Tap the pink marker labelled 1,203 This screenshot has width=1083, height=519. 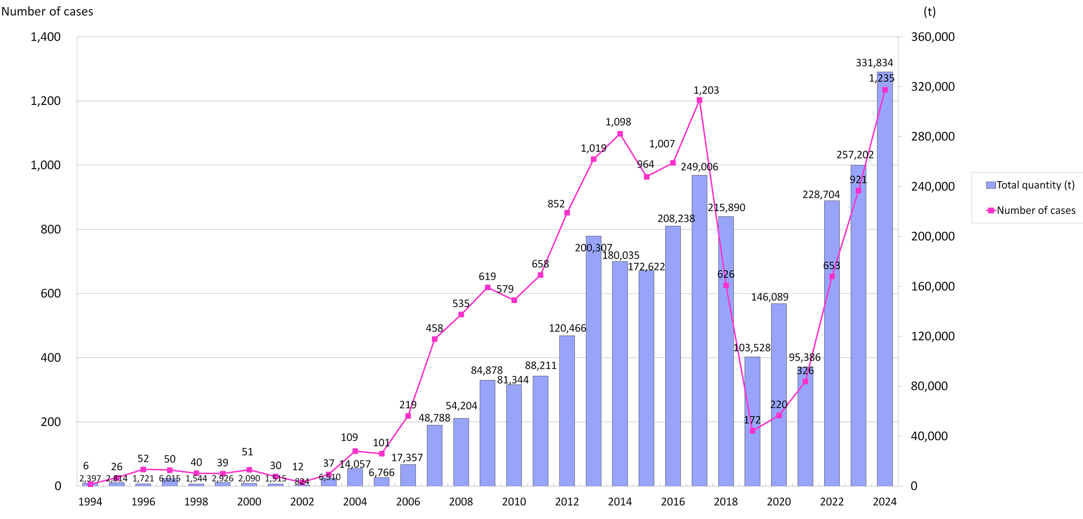click(699, 101)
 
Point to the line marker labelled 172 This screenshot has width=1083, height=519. click(753, 431)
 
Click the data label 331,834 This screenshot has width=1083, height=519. click(874, 63)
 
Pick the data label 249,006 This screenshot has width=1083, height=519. click(699, 167)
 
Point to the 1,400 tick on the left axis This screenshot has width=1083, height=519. click(46, 37)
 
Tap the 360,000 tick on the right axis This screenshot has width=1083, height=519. click(933, 37)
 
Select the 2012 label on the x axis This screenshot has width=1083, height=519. click(567, 502)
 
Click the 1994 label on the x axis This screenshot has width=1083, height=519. click(90, 502)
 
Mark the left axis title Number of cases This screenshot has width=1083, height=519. click(47, 12)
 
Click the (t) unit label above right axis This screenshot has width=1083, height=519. click(929, 12)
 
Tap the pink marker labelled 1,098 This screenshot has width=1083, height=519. click(620, 134)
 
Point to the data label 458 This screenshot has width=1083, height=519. click(434, 329)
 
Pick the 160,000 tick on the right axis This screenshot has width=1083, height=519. click(933, 287)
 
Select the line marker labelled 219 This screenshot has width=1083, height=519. click(408, 416)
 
